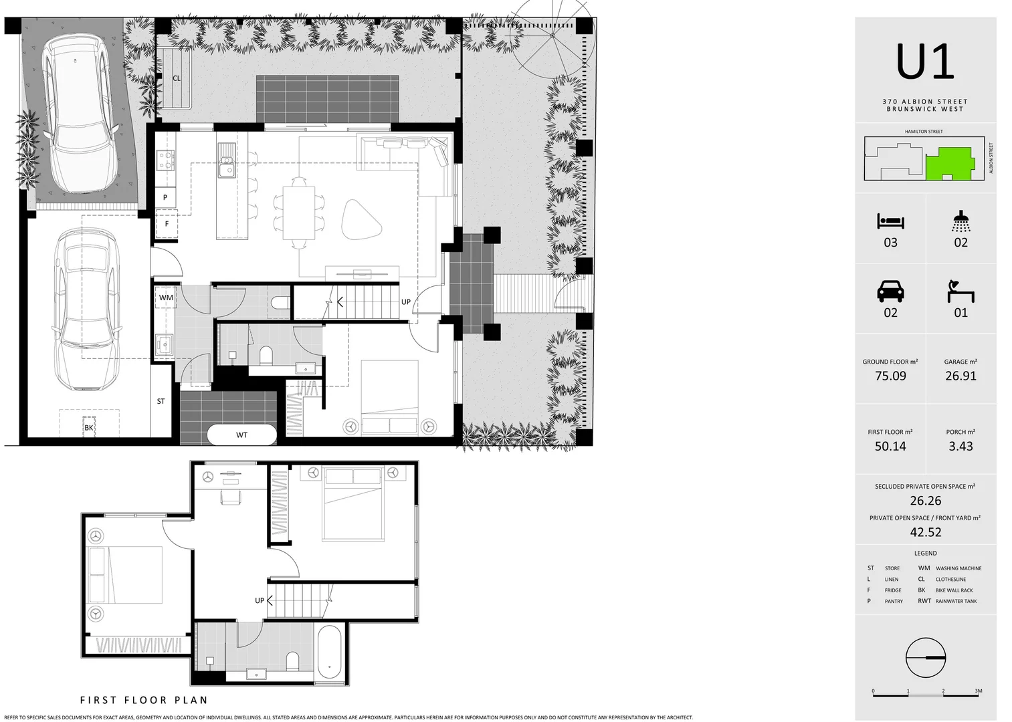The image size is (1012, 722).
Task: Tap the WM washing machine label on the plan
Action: (166, 297)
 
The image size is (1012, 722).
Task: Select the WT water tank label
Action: (241, 435)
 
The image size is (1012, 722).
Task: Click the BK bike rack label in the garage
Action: (89, 428)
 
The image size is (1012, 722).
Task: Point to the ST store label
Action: (161, 402)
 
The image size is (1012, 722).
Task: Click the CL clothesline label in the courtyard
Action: (177, 78)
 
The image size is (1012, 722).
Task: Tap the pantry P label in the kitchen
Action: (165, 198)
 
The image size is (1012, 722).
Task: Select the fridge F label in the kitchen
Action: (167, 224)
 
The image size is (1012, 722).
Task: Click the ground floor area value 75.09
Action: (890, 376)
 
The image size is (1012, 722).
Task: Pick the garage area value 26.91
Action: (960, 376)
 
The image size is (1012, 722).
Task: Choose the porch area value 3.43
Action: (960, 447)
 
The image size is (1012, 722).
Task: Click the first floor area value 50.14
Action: (890, 447)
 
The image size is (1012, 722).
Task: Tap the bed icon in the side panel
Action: (890, 221)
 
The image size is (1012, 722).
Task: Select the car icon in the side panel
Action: (890, 291)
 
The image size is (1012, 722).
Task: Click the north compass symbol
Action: (926, 658)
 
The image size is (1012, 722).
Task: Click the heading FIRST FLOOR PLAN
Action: (144, 701)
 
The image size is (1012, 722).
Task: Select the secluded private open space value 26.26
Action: (925, 501)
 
